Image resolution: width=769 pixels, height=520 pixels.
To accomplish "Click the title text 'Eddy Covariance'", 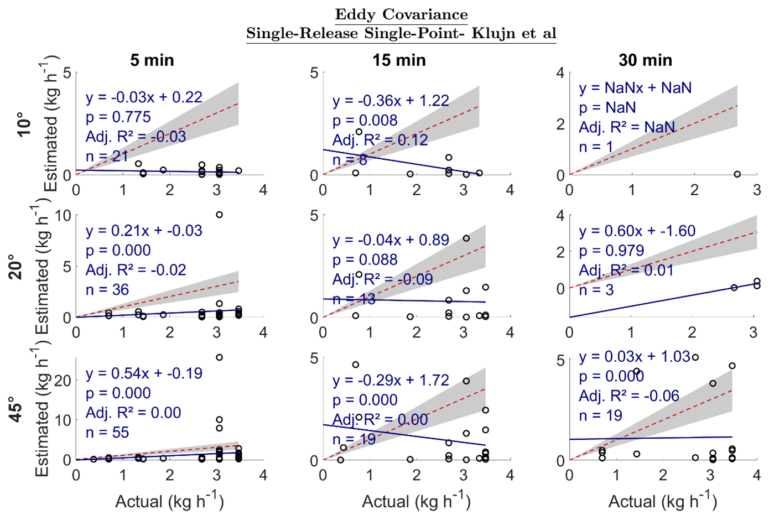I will tap(401, 14).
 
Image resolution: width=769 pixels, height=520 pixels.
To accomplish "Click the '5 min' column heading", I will tap(152, 60).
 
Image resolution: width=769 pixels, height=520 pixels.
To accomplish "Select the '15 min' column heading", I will tap(399, 60).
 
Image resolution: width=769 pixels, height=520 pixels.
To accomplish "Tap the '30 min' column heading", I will tap(645, 60).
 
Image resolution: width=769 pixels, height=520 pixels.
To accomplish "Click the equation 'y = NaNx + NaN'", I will tap(635, 88).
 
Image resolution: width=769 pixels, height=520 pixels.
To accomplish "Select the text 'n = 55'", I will tap(107, 433).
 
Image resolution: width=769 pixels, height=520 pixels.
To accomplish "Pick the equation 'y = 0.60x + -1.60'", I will tap(637, 231).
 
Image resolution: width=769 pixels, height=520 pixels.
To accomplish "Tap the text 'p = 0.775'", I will tap(118, 117).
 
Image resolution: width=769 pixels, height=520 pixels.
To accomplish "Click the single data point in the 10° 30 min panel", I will tap(737, 174).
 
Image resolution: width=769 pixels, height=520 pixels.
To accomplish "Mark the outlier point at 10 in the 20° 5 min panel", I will tap(219, 215).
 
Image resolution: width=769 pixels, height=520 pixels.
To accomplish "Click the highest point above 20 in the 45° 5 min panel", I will tap(219, 357).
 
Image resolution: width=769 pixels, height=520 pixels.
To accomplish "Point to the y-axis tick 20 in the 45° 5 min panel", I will tap(63, 380).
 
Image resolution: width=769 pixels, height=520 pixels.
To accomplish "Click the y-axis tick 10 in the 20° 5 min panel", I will tap(63, 215).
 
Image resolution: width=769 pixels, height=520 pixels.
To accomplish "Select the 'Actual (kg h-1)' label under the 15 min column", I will tap(416, 501).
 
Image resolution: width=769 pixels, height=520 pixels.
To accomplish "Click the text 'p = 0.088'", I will tap(365, 259).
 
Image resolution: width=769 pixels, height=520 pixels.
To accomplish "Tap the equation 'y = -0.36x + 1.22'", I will tap(391, 101).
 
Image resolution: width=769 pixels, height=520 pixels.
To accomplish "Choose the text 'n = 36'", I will tap(107, 289).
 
